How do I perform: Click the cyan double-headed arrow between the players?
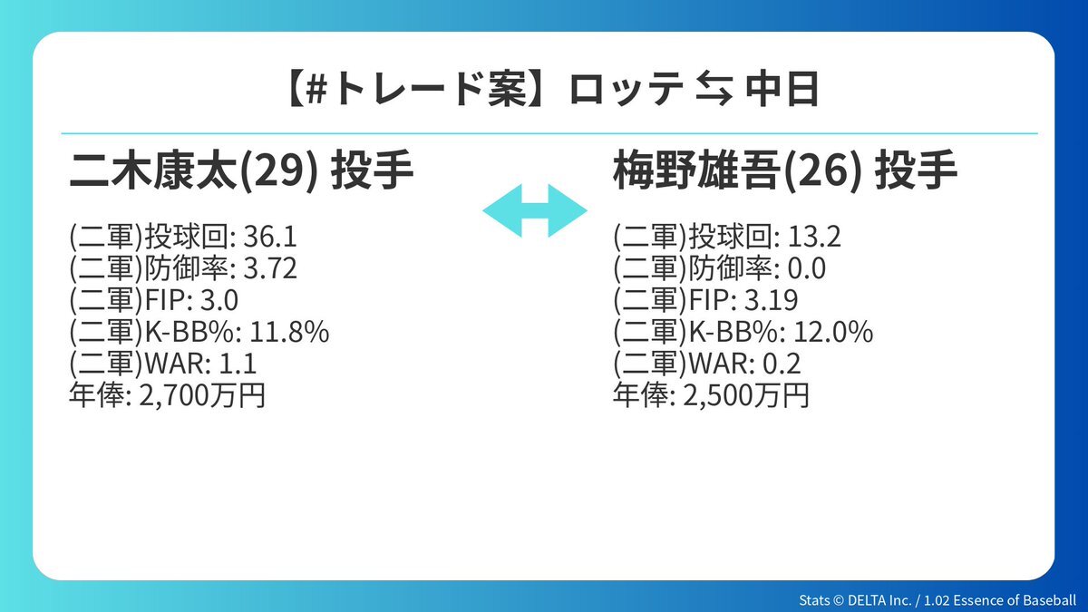535,210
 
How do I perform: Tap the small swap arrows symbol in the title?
714,90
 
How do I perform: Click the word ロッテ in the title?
627,90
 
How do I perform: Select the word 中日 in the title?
782,90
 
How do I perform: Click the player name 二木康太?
154,170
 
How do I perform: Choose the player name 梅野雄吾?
698,170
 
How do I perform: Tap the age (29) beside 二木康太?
279,171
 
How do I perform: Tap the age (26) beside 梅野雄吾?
823,171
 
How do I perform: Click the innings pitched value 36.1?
270,238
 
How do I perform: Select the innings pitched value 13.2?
814,238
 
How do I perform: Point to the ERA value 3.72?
270,268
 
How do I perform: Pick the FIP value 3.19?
772,300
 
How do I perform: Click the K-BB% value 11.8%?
289,332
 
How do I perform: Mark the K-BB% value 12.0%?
833,332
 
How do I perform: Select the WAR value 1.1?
238,364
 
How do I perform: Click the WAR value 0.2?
782,364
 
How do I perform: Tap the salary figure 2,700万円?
202,396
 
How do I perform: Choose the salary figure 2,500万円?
746,396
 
